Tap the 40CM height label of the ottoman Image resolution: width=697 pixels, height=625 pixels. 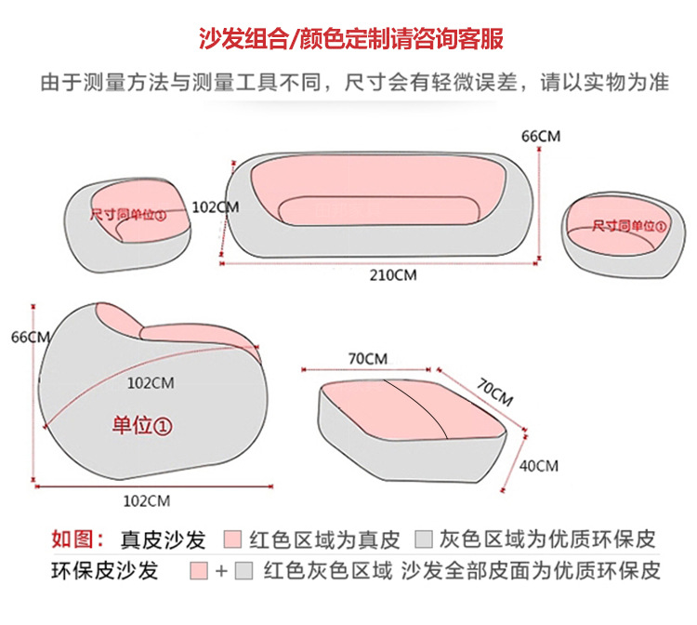coord(538,465)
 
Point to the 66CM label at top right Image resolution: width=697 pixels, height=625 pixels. coord(541,136)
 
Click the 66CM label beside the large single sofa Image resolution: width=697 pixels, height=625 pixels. coord(28,337)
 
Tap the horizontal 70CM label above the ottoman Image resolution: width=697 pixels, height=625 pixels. coord(367,358)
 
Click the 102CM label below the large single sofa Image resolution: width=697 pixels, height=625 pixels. coord(147,500)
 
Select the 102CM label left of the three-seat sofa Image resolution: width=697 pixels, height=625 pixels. coord(215,207)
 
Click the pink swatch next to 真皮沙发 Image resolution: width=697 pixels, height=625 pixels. coord(233,540)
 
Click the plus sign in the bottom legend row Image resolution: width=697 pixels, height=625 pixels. coord(221,570)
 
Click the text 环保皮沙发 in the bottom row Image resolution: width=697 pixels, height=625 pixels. coord(104,570)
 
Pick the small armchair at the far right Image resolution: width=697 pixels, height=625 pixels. coord(616,233)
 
